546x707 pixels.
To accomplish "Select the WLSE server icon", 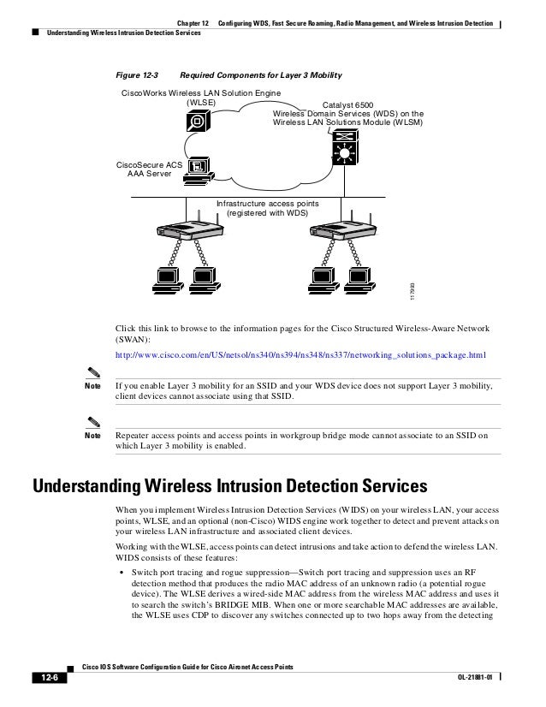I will click(198, 121).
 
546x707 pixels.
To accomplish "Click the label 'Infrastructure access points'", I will click(266, 204).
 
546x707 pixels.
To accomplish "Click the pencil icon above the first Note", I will click(94, 372).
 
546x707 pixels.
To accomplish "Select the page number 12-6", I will click(45, 679).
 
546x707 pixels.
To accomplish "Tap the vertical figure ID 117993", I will click(411, 291).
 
